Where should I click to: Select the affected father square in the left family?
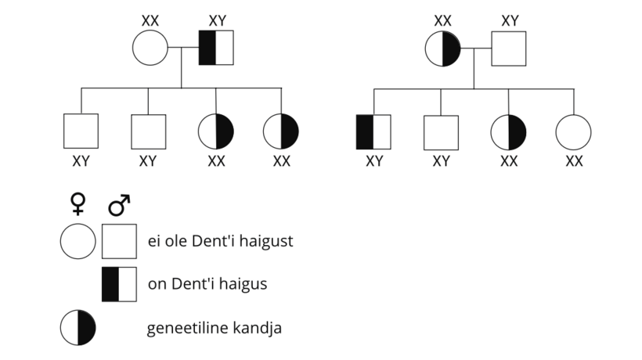coord(216,48)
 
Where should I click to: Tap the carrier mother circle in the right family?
coord(442,49)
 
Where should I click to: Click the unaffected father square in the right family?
coord(509,49)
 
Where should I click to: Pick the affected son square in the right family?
coord(373,132)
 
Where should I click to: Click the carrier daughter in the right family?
coord(508,132)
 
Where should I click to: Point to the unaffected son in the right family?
coord(441,132)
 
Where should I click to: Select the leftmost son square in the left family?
coord(81,131)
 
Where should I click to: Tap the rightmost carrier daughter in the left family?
coord(281,131)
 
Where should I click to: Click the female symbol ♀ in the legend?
coord(78,203)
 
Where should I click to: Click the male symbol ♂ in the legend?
coord(119,205)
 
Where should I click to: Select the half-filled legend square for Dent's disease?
coord(119,284)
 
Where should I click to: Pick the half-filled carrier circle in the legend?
coord(78,328)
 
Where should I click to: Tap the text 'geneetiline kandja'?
coord(215,328)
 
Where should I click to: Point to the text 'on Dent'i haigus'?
coord(207,283)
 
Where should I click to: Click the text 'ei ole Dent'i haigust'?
coord(220,241)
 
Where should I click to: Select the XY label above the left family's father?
coord(218,21)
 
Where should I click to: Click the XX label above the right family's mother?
coord(442,21)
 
